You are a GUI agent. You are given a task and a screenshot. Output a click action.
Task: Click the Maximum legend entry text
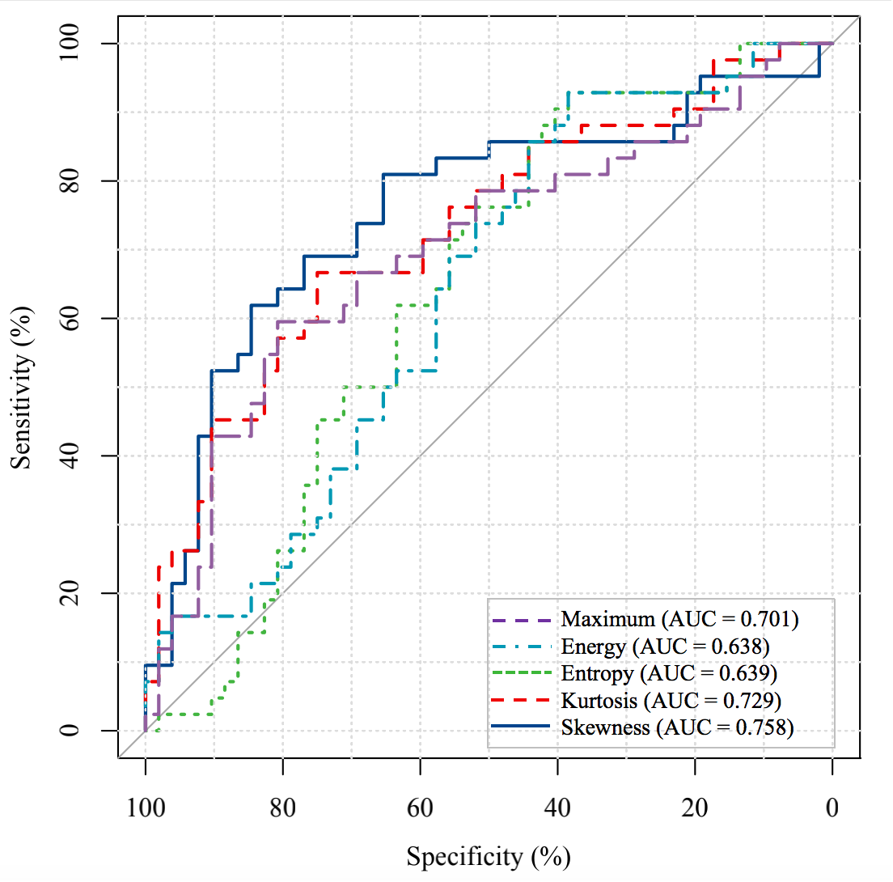679,620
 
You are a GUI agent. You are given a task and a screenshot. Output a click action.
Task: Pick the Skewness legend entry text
677,727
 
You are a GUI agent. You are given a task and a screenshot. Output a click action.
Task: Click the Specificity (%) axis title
489,855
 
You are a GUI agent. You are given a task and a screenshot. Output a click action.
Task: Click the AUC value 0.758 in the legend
764,727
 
